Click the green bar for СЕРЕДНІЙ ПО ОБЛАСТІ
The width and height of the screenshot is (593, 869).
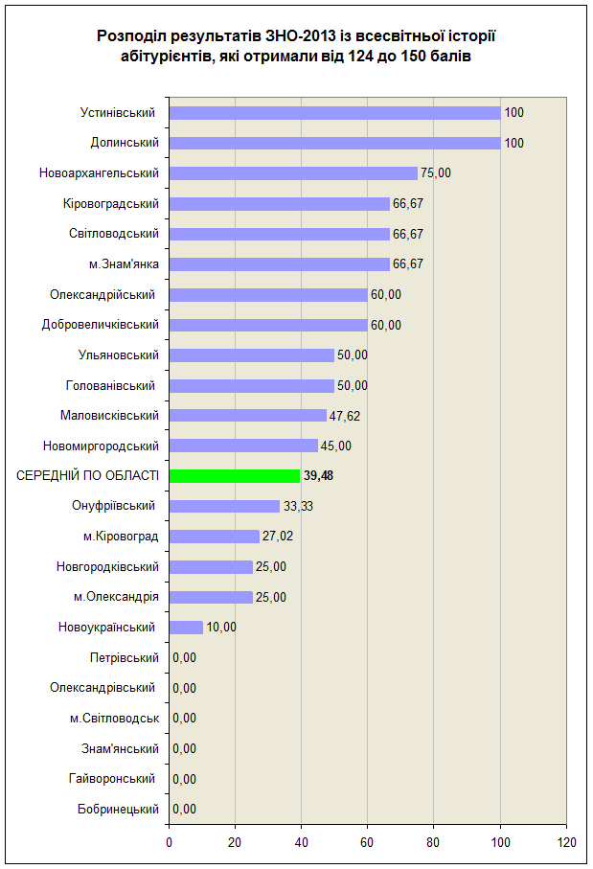pos(235,476)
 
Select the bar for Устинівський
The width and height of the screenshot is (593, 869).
pos(334,113)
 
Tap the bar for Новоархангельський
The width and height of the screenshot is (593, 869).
pos(293,173)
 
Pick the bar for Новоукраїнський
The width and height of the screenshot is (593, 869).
pos(186,628)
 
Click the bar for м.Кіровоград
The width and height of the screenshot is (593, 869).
pos(214,537)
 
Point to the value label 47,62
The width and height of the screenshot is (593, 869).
pos(345,416)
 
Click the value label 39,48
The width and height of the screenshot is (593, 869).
pos(318,476)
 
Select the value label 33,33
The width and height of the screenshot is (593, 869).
pos(298,506)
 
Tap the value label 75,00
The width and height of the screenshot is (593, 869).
pos(436,172)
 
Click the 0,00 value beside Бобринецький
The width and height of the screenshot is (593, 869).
pos(185,810)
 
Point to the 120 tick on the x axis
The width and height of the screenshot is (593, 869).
pos(567,842)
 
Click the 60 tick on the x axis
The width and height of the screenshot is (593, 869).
pos(367,842)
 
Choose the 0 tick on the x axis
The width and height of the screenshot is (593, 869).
pos(169,842)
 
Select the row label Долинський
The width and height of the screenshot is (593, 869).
pos(125,143)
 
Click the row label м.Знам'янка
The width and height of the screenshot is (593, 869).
pos(125,263)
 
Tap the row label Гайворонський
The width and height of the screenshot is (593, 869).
pos(112,779)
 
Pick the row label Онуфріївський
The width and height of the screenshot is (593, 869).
pos(114,506)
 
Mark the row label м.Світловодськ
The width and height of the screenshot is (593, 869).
pos(115,719)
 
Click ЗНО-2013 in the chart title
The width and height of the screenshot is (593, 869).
pos(301,36)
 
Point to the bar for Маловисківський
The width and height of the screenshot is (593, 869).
pos(248,416)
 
